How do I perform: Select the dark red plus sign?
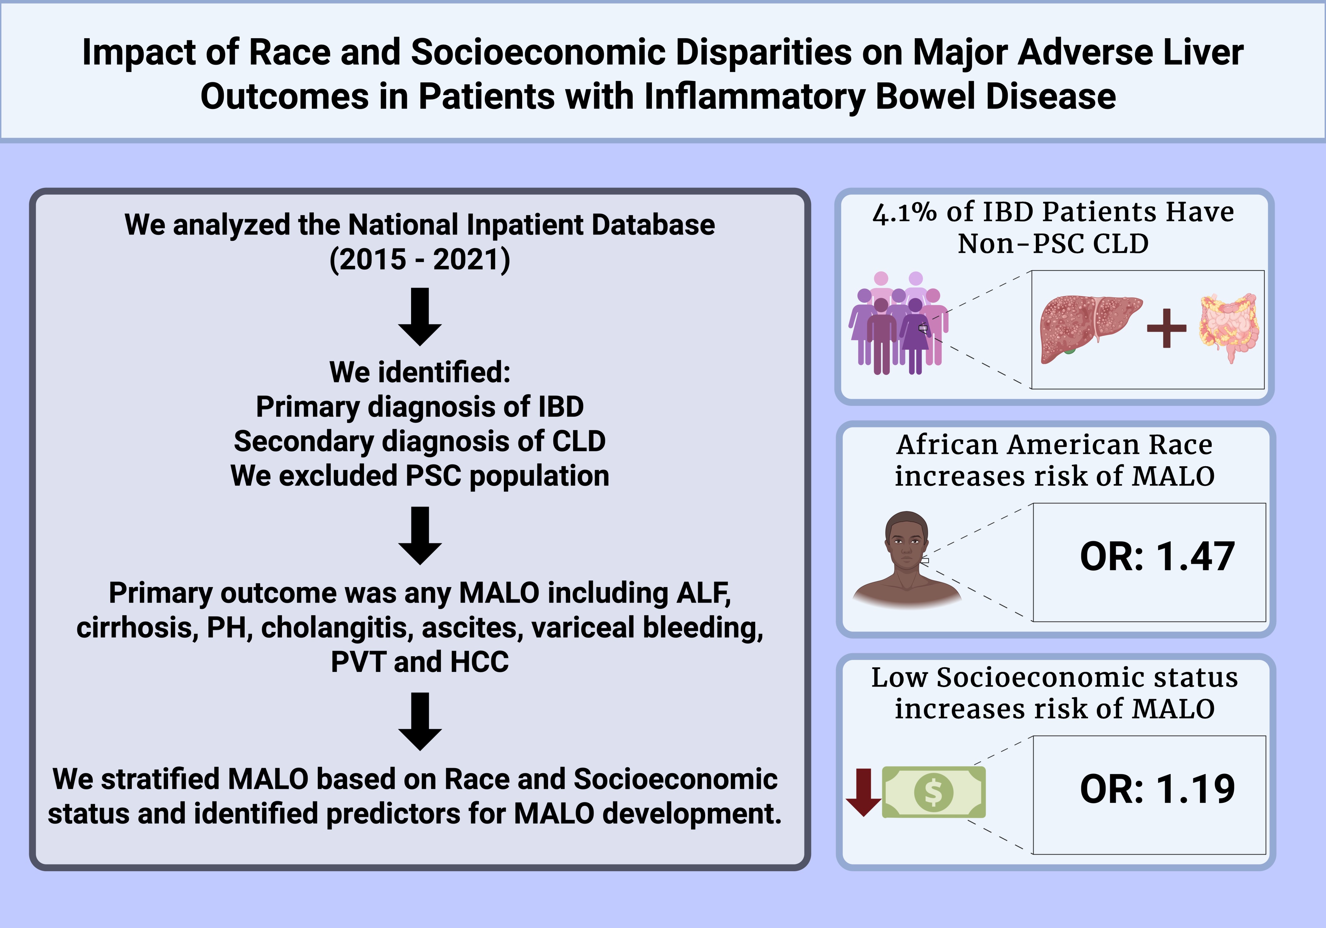(1167, 328)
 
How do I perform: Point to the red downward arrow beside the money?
(863, 792)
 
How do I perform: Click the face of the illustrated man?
(907, 546)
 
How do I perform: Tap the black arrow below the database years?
(420, 317)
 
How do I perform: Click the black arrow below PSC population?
(420, 535)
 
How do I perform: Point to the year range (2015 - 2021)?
(420, 259)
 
